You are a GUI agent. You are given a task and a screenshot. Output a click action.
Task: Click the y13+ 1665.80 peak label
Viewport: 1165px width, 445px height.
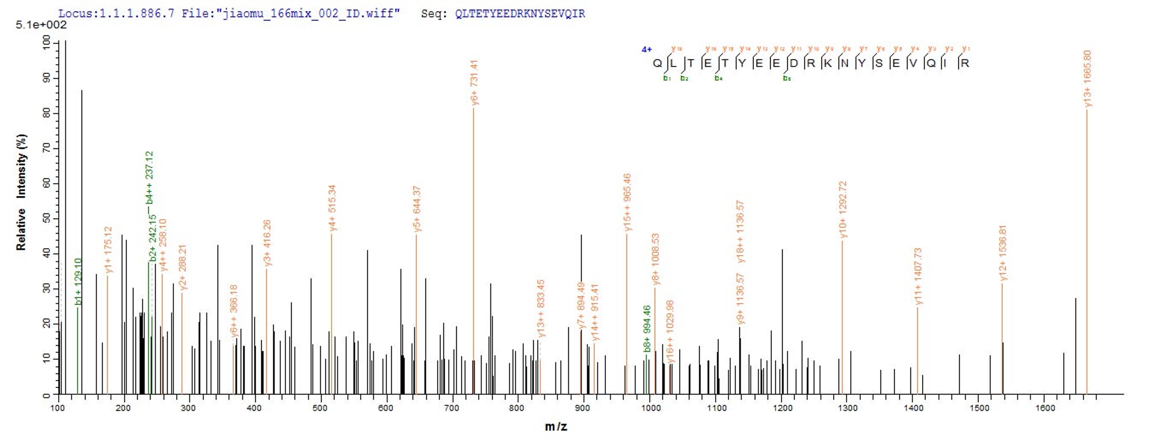click(1088, 79)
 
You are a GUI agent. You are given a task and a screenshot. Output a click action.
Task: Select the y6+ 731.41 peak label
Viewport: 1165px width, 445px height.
click(474, 82)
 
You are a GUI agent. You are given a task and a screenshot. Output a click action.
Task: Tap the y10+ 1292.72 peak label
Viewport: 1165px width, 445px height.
click(843, 209)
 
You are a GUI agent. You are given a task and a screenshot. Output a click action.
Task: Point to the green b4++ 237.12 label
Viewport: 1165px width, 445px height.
click(150, 178)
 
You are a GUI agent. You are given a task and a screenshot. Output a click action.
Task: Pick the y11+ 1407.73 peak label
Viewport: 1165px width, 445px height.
click(918, 276)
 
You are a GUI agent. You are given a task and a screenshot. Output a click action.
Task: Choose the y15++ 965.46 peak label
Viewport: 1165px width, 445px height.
click(627, 202)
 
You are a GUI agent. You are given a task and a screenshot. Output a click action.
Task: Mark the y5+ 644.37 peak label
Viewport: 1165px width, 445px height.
click(417, 209)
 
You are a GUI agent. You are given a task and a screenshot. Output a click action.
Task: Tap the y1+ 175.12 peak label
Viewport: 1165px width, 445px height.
click(108, 250)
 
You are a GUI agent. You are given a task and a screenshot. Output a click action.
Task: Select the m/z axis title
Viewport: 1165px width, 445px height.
click(556, 426)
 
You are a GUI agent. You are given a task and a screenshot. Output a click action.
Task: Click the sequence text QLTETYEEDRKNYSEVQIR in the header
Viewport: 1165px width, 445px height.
click(520, 14)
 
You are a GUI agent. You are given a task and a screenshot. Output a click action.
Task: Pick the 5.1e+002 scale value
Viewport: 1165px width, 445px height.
click(41, 25)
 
